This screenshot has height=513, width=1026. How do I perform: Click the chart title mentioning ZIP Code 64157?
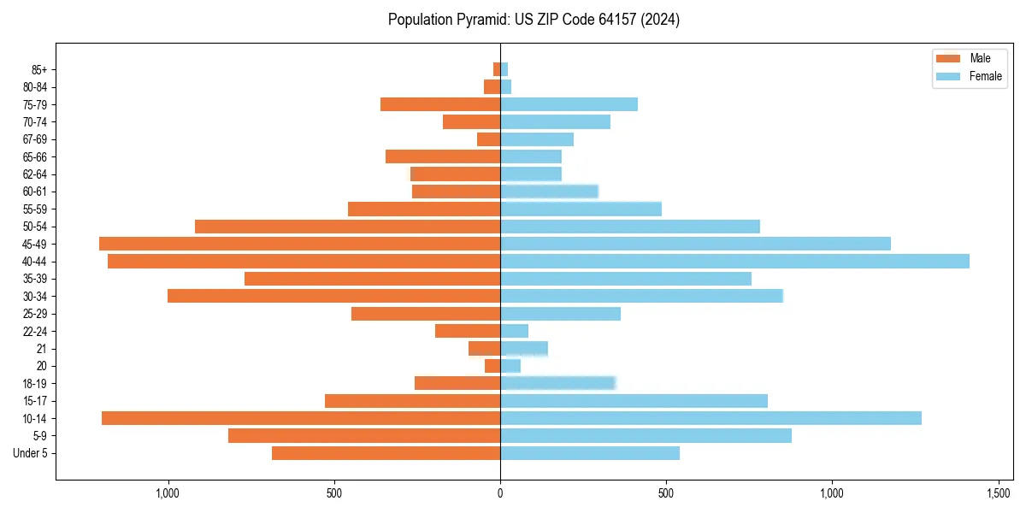point(534,20)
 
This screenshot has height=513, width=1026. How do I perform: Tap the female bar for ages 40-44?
point(734,261)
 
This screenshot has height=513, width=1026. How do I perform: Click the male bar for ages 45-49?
point(299,244)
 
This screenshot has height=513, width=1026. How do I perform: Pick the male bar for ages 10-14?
point(301,418)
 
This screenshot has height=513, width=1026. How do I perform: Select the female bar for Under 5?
point(590,453)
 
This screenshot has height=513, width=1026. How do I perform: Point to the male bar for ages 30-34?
point(333,296)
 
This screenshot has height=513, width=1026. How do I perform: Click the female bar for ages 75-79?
point(569,104)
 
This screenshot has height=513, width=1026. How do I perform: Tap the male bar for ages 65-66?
point(443,156)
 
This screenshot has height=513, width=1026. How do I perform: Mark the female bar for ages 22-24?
point(514,331)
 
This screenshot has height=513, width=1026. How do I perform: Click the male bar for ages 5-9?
point(364,435)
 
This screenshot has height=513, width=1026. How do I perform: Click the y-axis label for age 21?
point(42,349)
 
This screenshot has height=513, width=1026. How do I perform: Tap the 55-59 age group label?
point(35,209)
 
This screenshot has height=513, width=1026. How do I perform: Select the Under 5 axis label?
point(31,453)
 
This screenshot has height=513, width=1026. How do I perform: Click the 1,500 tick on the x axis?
point(999,492)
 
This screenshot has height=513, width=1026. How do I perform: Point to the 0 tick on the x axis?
point(500,492)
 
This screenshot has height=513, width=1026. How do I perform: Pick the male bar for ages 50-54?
point(347,227)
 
